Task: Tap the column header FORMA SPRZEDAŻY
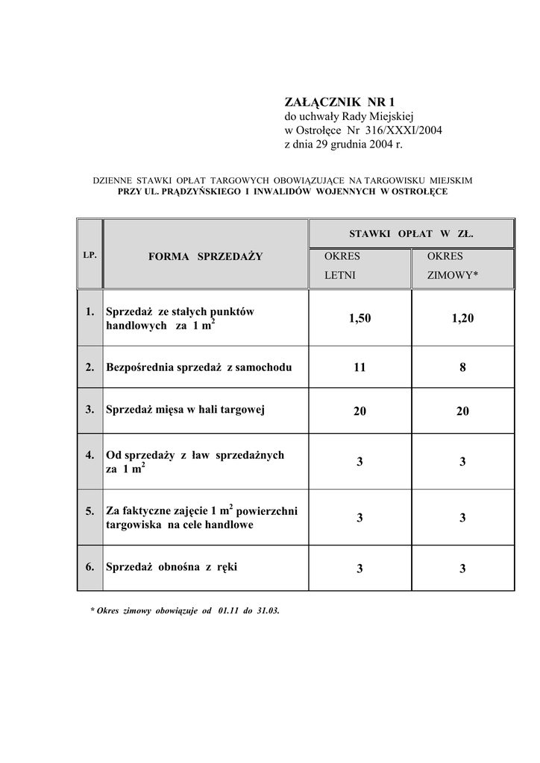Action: point(205,256)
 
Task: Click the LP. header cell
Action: point(90,255)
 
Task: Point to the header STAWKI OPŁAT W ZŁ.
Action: point(411,233)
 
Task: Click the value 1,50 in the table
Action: point(359,318)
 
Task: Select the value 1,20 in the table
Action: point(462,318)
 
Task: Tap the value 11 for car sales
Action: point(360,367)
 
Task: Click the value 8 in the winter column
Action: point(462,367)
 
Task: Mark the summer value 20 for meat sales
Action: point(360,411)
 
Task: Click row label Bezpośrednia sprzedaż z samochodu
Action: point(199,367)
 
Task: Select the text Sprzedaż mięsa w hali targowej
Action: point(186,409)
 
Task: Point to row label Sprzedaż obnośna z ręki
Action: point(172,567)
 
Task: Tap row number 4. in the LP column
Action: point(90,455)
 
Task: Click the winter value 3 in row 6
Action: point(462,569)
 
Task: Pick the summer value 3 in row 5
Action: point(360,518)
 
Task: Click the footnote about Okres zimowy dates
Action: point(184,610)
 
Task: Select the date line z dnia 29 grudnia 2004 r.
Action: point(343,145)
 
